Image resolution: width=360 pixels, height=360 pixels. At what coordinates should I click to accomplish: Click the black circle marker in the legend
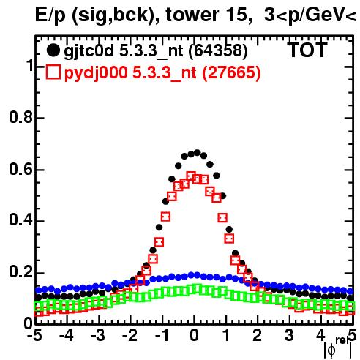click(53, 50)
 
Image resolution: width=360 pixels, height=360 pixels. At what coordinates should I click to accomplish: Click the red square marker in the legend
click(53, 72)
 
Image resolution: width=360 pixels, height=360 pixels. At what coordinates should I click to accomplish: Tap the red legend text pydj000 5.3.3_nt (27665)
click(162, 73)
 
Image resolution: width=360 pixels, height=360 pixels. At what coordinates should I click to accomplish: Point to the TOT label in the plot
click(307, 50)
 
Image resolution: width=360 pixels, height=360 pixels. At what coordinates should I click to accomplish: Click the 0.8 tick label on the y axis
click(21, 117)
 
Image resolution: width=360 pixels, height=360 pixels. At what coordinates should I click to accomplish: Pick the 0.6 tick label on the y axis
click(21, 169)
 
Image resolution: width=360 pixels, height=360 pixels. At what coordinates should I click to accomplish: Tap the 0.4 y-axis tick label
click(21, 220)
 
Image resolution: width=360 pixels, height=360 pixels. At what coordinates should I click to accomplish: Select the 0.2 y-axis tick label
click(21, 272)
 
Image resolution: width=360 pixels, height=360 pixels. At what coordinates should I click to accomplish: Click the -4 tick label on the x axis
click(67, 336)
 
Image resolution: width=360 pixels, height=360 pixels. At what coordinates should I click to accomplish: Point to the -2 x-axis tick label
click(130, 336)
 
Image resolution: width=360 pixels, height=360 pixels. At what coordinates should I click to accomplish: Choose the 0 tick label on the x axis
click(194, 336)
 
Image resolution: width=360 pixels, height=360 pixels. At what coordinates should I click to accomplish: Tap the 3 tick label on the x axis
click(290, 336)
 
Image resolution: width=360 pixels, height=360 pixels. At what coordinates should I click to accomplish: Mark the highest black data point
click(197, 153)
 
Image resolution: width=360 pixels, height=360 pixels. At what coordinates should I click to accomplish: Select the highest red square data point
click(191, 176)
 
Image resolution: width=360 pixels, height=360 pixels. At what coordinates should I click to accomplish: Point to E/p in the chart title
click(50, 16)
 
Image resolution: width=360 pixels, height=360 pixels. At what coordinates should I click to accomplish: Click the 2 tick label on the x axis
click(258, 336)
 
